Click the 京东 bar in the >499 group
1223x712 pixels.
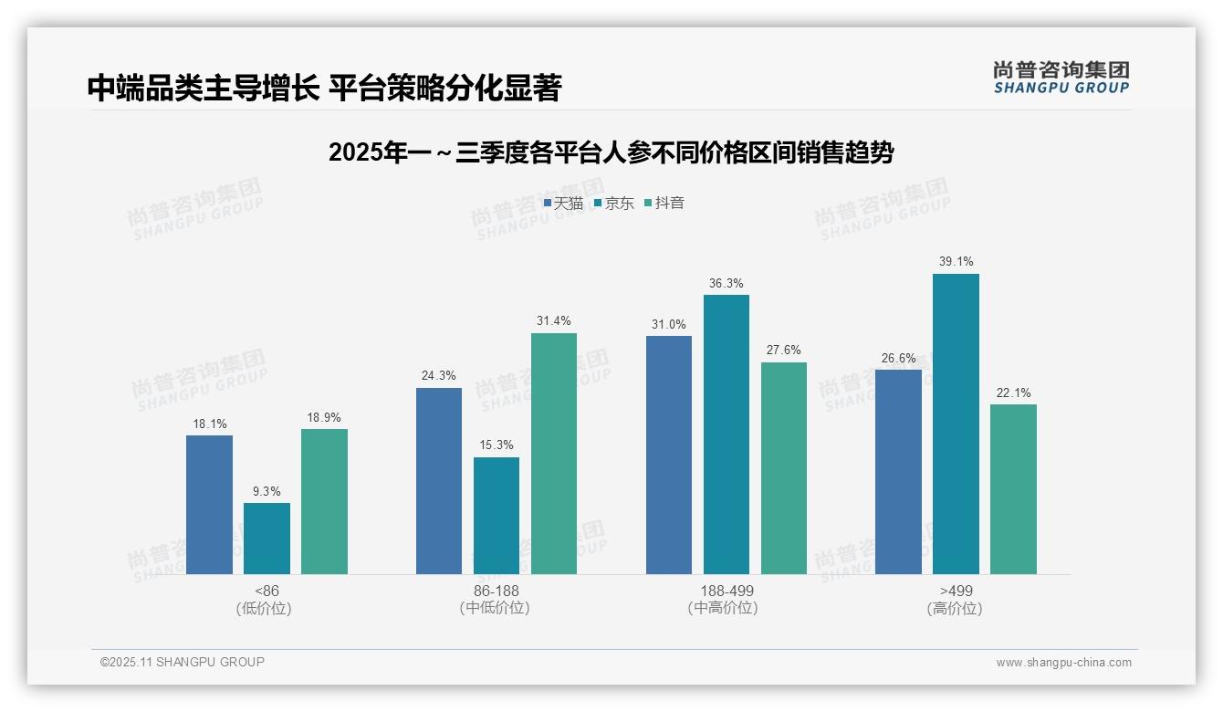click(x=956, y=424)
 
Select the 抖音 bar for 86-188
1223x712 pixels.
click(x=554, y=454)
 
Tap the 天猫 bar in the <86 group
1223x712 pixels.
click(x=209, y=505)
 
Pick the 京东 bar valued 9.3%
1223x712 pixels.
click(x=267, y=539)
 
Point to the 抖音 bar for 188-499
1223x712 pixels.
click(x=784, y=468)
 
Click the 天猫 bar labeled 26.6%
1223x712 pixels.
click(x=898, y=472)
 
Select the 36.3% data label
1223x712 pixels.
click(x=726, y=283)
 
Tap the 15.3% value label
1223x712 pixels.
click(x=497, y=445)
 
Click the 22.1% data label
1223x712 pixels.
click(x=1013, y=393)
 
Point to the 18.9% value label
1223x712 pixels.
click(x=324, y=417)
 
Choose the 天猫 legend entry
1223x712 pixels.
click(x=563, y=203)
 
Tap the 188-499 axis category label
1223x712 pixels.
click(x=726, y=591)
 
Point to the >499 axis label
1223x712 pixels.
click(x=956, y=591)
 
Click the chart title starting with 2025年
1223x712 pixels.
click(x=611, y=152)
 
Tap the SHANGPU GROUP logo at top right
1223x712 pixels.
click(x=1061, y=78)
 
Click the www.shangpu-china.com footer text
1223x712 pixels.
click(x=1063, y=663)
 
